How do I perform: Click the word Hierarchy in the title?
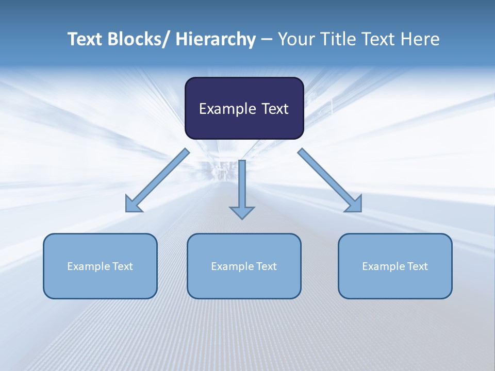point(216,39)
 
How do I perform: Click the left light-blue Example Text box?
point(100,266)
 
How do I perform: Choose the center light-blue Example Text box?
point(244,266)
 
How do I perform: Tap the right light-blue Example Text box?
point(395,266)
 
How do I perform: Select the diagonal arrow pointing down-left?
point(157,180)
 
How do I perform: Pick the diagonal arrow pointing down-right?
point(330,180)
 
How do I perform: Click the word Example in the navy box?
point(224,109)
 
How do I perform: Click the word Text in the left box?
point(123,266)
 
